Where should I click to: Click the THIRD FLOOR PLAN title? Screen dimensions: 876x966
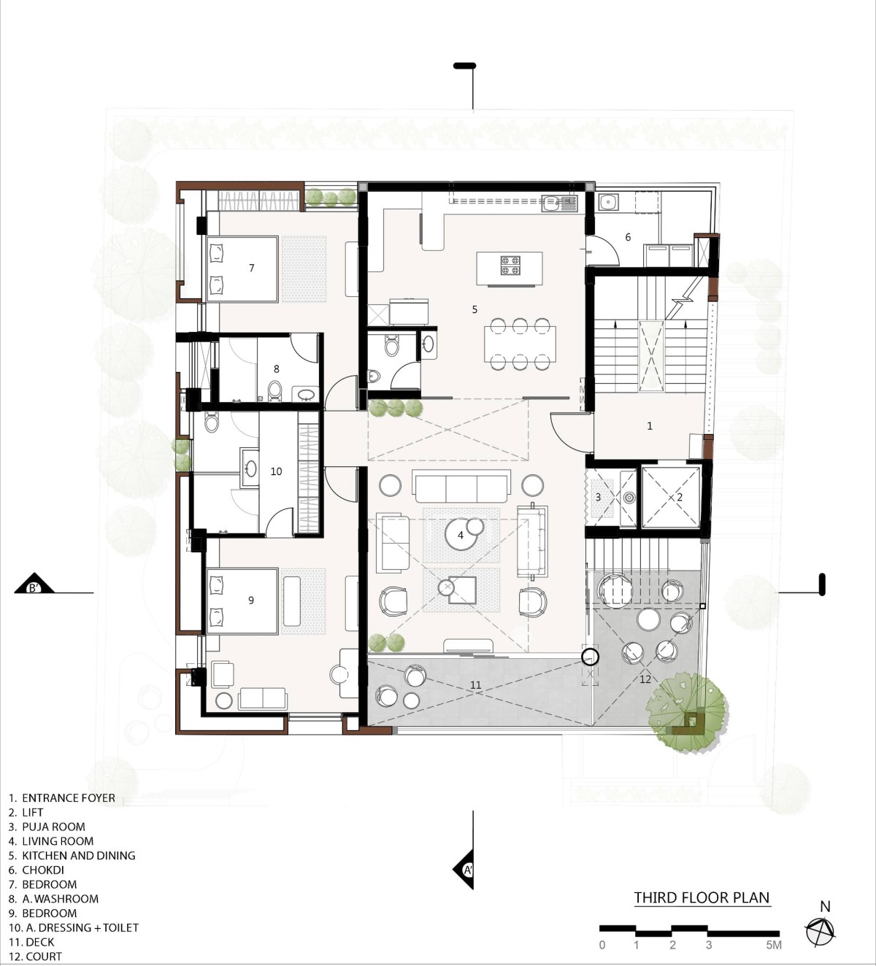(x=702, y=897)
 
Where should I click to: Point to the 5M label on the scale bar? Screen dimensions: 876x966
(x=773, y=945)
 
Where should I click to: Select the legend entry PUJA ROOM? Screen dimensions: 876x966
(x=47, y=827)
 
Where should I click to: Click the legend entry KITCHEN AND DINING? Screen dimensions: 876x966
(x=72, y=856)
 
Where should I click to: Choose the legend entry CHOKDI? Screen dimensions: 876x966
(x=36, y=870)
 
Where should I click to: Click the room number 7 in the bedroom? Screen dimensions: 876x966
(x=252, y=268)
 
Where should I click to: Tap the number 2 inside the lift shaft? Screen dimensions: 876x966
(x=680, y=498)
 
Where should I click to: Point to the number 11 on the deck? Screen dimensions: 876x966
(x=475, y=685)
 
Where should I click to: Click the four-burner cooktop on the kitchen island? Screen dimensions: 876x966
(x=510, y=265)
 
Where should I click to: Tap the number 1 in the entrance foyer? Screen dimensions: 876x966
(x=650, y=426)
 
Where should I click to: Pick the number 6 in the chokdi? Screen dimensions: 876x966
(x=628, y=237)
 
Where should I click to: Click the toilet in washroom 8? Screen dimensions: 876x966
(x=274, y=391)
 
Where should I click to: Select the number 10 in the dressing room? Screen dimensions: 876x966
(x=276, y=471)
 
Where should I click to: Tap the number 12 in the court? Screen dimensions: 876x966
(x=645, y=679)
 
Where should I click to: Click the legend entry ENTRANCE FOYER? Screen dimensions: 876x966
(x=62, y=798)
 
